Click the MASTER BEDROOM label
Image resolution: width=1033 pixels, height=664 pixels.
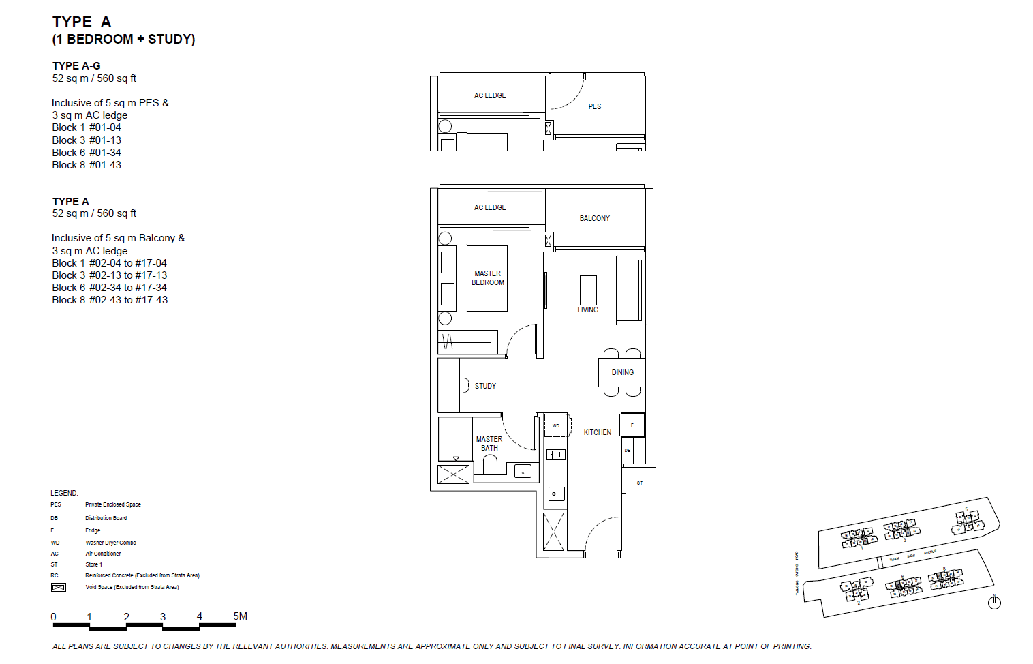click(488, 278)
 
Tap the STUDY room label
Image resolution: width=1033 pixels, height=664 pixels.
click(485, 386)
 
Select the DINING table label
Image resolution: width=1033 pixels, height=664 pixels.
click(622, 372)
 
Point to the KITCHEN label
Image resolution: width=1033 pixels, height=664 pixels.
click(598, 432)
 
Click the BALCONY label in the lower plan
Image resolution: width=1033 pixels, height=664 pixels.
click(594, 218)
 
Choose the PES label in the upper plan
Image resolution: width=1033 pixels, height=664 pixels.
click(595, 106)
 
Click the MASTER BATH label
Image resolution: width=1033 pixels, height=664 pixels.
click(489, 444)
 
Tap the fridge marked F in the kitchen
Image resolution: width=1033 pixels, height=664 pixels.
click(632, 425)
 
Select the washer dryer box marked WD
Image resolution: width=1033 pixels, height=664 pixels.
click(556, 425)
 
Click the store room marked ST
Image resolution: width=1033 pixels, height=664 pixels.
click(640, 483)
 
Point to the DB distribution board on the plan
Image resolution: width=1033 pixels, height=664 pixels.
click(628, 451)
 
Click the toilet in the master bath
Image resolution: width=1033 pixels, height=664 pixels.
click(490, 465)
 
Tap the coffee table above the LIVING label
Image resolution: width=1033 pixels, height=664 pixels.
click(588, 290)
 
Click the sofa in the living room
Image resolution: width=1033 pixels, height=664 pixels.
click(629, 290)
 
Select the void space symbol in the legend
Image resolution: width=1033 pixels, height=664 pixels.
click(59, 587)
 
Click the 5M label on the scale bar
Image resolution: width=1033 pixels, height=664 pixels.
click(240, 616)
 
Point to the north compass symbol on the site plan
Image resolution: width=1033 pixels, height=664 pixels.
click(994, 602)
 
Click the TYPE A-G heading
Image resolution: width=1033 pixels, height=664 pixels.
click(76, 66)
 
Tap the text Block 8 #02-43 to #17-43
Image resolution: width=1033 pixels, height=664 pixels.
click(110, 300)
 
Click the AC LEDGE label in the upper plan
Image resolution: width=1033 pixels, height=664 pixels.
click(490, 95)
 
